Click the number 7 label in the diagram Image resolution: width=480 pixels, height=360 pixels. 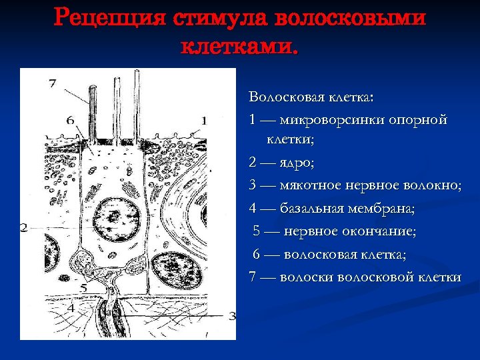point(53,83)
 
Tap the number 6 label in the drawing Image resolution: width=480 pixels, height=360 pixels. point(70,120)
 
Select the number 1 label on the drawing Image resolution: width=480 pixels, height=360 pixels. point(204,120)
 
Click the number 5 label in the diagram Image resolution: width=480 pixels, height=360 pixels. point(83,287)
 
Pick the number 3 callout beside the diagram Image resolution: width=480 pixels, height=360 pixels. point(231,316)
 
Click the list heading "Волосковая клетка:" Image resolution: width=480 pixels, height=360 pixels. point(311,97)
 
